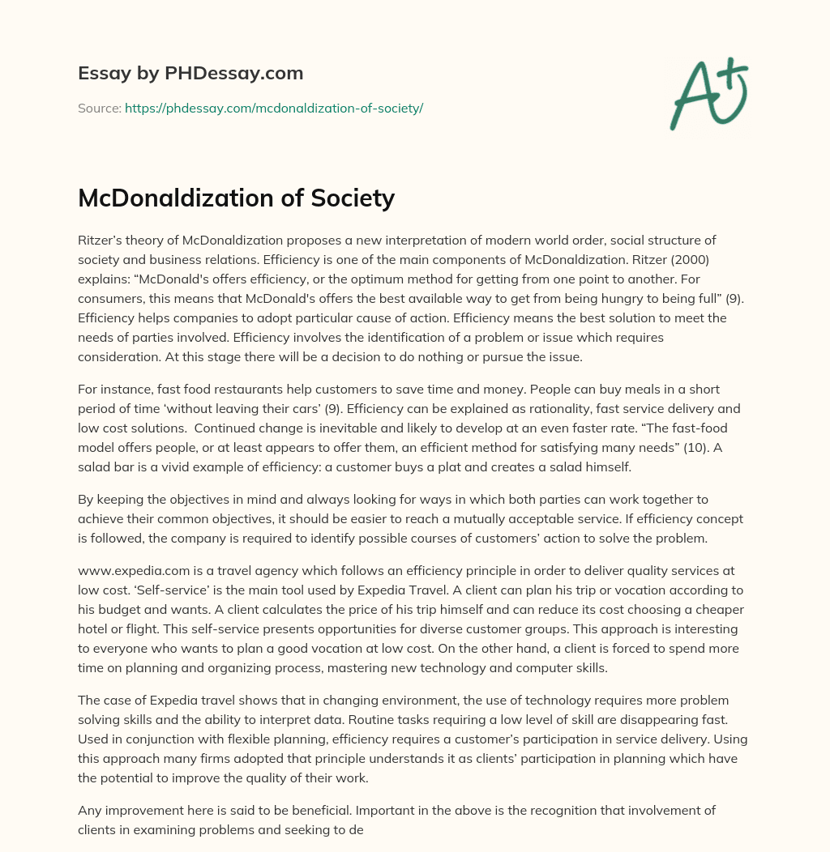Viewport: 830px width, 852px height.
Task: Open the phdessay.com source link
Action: (x=274, y=108)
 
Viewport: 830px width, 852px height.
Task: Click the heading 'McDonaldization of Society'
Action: (x=236, y=198)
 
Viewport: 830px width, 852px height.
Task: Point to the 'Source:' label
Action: (x=100, y=108)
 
